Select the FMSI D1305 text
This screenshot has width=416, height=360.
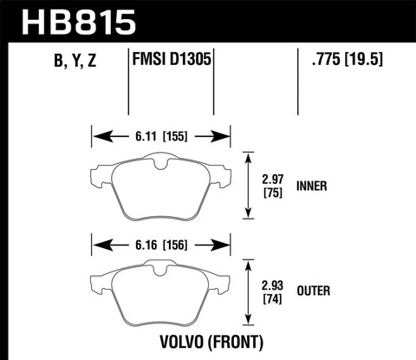(x=170, y=62)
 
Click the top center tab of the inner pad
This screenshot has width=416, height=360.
(x=159, y=160)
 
